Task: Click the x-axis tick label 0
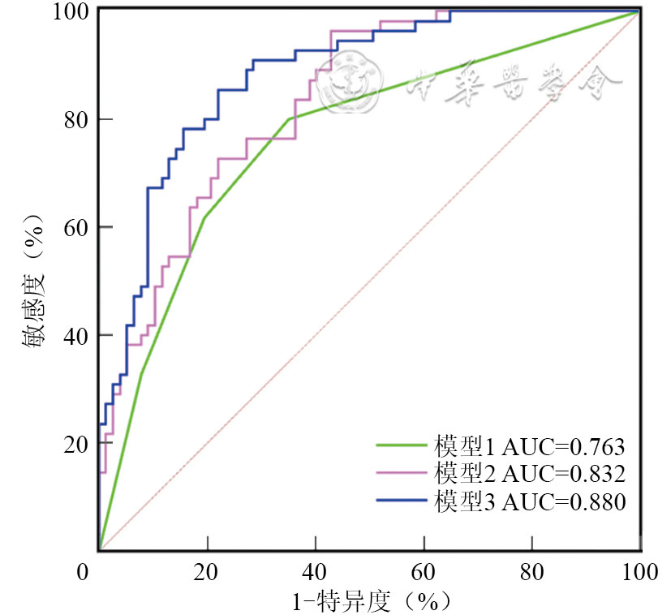(x=83, y=573)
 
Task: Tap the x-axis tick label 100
(x=640, y=573)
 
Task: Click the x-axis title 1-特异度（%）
(x=370, y=601)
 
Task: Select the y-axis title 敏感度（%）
(x=34, y=280)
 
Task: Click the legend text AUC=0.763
(x=564, y=446)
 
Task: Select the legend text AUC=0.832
(x=564, y=474)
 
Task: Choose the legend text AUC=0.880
(x=564, y=502)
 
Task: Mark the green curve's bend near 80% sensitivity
(x=289, y=118)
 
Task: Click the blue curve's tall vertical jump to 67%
(x=148, y=235)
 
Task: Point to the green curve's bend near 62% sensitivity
(x=203, y=217)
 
